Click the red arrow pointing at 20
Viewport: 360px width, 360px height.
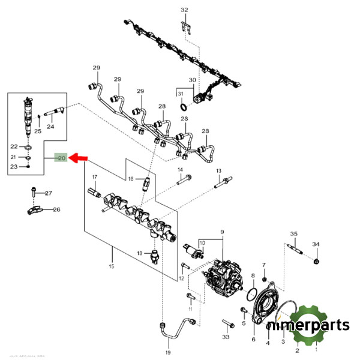[79, 158]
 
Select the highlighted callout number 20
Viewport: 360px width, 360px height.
[61, 158]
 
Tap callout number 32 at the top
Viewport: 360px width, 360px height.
[184, 10]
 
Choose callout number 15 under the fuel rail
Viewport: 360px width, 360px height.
[110, 266]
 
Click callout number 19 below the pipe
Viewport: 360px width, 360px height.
[168, 352]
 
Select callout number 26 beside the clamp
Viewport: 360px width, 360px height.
[57, 210]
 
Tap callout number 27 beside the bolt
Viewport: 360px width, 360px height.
[49, 193]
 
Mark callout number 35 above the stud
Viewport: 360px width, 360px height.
[294, 233]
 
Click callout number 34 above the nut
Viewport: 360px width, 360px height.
[316, 244]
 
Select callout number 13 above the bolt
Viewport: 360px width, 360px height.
[218, 171]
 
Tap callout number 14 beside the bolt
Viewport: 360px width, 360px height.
[179, 171]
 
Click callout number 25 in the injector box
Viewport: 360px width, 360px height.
[37, 131]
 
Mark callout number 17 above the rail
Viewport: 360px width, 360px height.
[94, 176]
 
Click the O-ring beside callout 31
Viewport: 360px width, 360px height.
[184, 107]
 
